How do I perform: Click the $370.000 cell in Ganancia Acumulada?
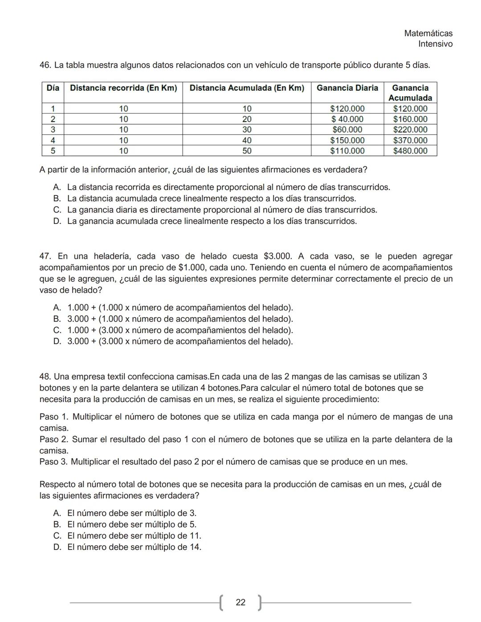(x=410, y=140)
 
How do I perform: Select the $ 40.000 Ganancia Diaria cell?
(x=347, y=119)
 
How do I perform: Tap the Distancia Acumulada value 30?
(x=247, y=130)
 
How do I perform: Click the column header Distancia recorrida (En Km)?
(x=123, y=88)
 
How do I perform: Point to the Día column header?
(x=53, y=88)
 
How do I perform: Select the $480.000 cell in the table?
(x=410, y=151)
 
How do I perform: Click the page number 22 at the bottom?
(x=240, y=602)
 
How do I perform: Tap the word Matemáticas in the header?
(x=428, y=33)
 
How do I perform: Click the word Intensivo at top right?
(x=435, y=44)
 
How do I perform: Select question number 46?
(x=45, y=65)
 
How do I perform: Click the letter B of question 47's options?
(x=57, y=319)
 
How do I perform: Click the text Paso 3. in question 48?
(x=53, y=462)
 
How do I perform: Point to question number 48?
(x=45, y=377)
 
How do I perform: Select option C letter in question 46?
(x=57, y=210)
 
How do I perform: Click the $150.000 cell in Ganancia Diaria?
(x=347, y=140)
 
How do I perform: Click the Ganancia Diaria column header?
(x=347, y=88)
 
